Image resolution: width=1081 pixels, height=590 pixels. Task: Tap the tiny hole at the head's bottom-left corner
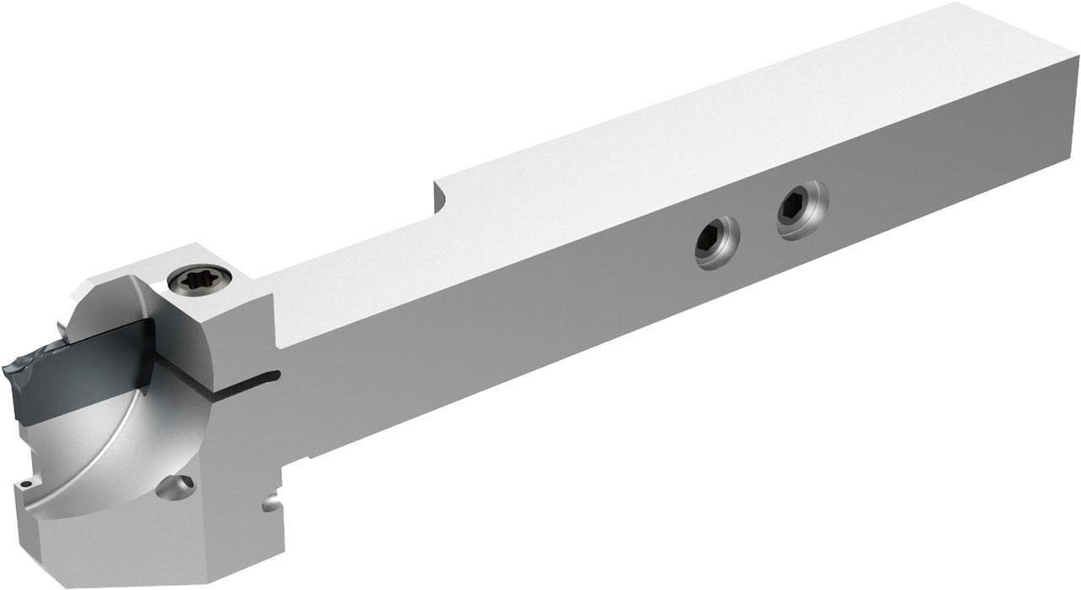[26, 485]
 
